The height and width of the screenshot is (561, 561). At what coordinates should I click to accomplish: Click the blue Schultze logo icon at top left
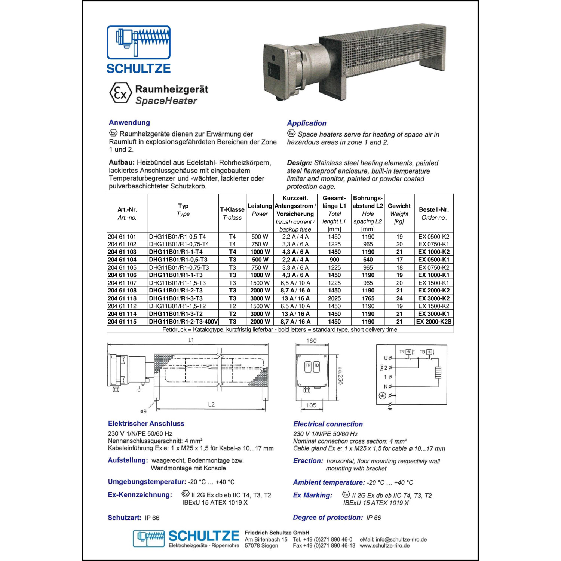[138, 42]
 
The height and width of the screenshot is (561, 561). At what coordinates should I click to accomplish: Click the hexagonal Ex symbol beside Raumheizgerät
[120, 93]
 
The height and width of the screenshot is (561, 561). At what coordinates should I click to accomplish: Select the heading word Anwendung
[129, 122]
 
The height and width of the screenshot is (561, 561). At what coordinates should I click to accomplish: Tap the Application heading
[306, 123]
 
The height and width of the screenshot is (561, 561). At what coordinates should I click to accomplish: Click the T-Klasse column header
[232, 209]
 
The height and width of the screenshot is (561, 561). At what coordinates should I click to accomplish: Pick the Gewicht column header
[399, 206]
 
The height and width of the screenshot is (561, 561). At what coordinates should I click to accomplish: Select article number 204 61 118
[122, 298]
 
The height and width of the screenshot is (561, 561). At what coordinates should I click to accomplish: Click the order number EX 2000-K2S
[434, 322]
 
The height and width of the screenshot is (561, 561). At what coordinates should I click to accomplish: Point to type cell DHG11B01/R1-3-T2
[176, 314]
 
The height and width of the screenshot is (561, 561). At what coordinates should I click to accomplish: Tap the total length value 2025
[334, 298]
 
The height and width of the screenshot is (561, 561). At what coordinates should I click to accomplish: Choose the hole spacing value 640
[368, 260]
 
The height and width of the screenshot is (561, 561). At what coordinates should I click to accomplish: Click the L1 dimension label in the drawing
[191, 340]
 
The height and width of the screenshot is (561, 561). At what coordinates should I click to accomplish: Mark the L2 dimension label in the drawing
[211, 404]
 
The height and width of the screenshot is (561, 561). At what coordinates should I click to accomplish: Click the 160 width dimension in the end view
[311, 341]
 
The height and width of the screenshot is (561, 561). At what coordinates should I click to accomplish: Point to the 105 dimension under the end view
[311, 405]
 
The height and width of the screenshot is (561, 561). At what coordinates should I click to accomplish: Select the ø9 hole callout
[143, 411]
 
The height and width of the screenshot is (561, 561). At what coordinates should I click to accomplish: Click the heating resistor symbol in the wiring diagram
[438, 372]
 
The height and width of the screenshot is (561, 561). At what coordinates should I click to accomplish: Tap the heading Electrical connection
[328, 424]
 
